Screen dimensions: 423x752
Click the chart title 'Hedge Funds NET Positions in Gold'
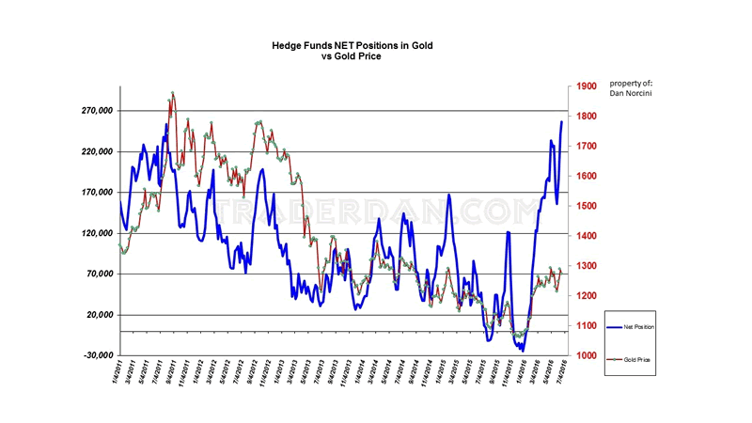[x=350, y=44]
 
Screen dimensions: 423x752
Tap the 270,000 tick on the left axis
[x=97, y=111]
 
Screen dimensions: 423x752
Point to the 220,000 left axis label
[x=97, y=152]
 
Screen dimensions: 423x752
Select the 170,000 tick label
[x=97, y=193]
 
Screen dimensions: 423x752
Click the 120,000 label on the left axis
[x=97, y=233]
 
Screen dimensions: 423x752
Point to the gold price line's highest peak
[x=172, y=93]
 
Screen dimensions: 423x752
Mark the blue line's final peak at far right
[x=562, y=122]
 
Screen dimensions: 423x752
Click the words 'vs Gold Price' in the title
[x=350, y=56]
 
